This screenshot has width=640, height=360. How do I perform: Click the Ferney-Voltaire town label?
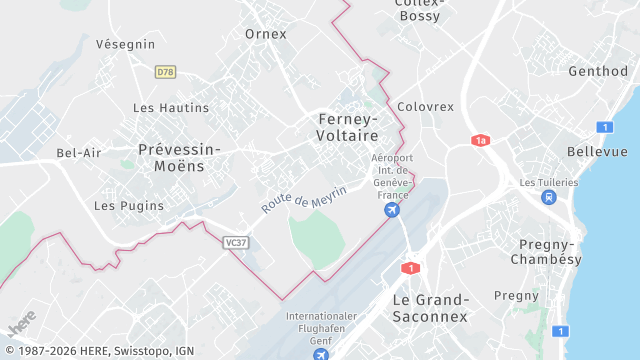[347, 126]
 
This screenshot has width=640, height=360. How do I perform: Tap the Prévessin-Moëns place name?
[179, 157]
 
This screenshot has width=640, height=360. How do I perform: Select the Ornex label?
[266, 34]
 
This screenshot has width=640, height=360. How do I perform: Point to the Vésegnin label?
[125, 44]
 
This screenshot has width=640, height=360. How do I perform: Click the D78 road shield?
[165, 72]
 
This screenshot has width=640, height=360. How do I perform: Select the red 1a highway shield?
[481, 141]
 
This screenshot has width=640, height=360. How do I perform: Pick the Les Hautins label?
[171, 108]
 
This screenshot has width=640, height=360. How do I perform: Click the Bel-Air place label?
[79, 153]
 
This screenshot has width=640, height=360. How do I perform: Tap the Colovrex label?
[425, 107]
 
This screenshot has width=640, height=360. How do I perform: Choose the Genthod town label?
[598, 72]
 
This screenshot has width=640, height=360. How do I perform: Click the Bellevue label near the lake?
[597, 151]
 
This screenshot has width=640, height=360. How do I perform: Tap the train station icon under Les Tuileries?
[548, 197]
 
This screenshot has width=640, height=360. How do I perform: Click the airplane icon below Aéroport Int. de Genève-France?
[392, 211]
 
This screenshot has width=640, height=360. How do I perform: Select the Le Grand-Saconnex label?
[430, 308]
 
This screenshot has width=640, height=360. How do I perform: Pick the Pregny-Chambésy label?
[546, 252]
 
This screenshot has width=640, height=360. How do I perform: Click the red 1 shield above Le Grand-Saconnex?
[409, 268]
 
